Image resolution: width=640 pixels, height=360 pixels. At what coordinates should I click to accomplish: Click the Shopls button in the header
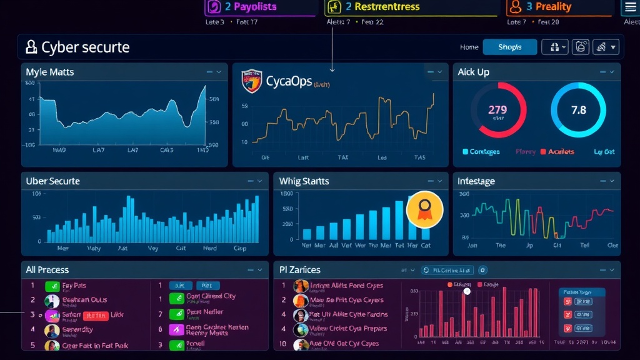point(510,47)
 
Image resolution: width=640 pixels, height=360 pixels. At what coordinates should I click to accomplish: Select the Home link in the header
point(469,47)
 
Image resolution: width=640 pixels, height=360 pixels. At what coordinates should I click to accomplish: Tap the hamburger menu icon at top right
point(630,7)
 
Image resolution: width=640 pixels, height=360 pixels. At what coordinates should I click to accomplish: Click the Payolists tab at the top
point(250,7)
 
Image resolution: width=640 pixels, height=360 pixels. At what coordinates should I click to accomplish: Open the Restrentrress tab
point(382,7)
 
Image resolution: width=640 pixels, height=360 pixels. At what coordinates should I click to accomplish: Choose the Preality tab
point(548,7)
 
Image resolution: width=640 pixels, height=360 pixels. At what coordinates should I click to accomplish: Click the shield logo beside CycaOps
point(251,81)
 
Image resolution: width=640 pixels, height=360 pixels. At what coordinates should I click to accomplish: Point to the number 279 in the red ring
point(497,109)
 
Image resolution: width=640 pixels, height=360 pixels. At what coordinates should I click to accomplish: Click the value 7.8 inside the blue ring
point(579,110)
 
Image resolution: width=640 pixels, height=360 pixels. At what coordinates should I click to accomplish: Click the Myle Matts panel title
point(50,72)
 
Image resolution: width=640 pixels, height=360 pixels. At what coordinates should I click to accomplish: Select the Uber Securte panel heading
point(53,181)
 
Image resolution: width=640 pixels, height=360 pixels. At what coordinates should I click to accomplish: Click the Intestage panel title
point(476,181)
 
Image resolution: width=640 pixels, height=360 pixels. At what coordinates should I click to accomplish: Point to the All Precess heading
point(47,270)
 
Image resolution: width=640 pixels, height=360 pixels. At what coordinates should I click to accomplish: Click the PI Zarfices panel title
point(300,270)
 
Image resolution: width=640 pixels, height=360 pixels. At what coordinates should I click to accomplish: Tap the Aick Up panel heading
point(473,72)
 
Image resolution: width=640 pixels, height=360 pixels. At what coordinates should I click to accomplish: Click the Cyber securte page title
point(85,47)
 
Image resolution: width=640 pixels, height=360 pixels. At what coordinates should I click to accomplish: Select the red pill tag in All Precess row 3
point(96,316)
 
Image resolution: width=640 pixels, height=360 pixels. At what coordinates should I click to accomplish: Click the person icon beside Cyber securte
point(31,47)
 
